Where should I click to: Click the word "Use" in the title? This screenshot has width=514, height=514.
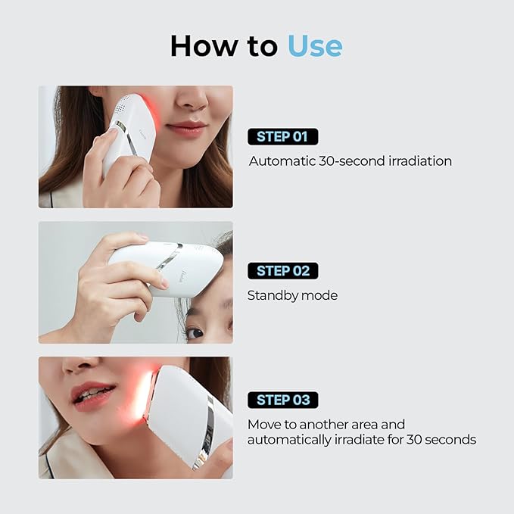[x=314, y=45]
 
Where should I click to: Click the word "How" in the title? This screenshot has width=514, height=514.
[x=200, y=45]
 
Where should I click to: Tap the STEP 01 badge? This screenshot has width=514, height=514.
[x=282, y=137]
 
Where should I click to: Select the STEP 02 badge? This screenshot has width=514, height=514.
[x=282, y=271]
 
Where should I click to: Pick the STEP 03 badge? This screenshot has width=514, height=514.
[x=282, y=400]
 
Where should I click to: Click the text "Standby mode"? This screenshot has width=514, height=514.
[x=292, y=295]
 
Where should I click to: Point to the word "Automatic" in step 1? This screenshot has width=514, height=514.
[x=279, y=161]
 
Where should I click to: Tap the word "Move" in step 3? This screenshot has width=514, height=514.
[x=264, y=424]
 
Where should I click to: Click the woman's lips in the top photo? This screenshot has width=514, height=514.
[x=186, y=129]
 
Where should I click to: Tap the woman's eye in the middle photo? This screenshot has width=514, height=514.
[x=195, y=332]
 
